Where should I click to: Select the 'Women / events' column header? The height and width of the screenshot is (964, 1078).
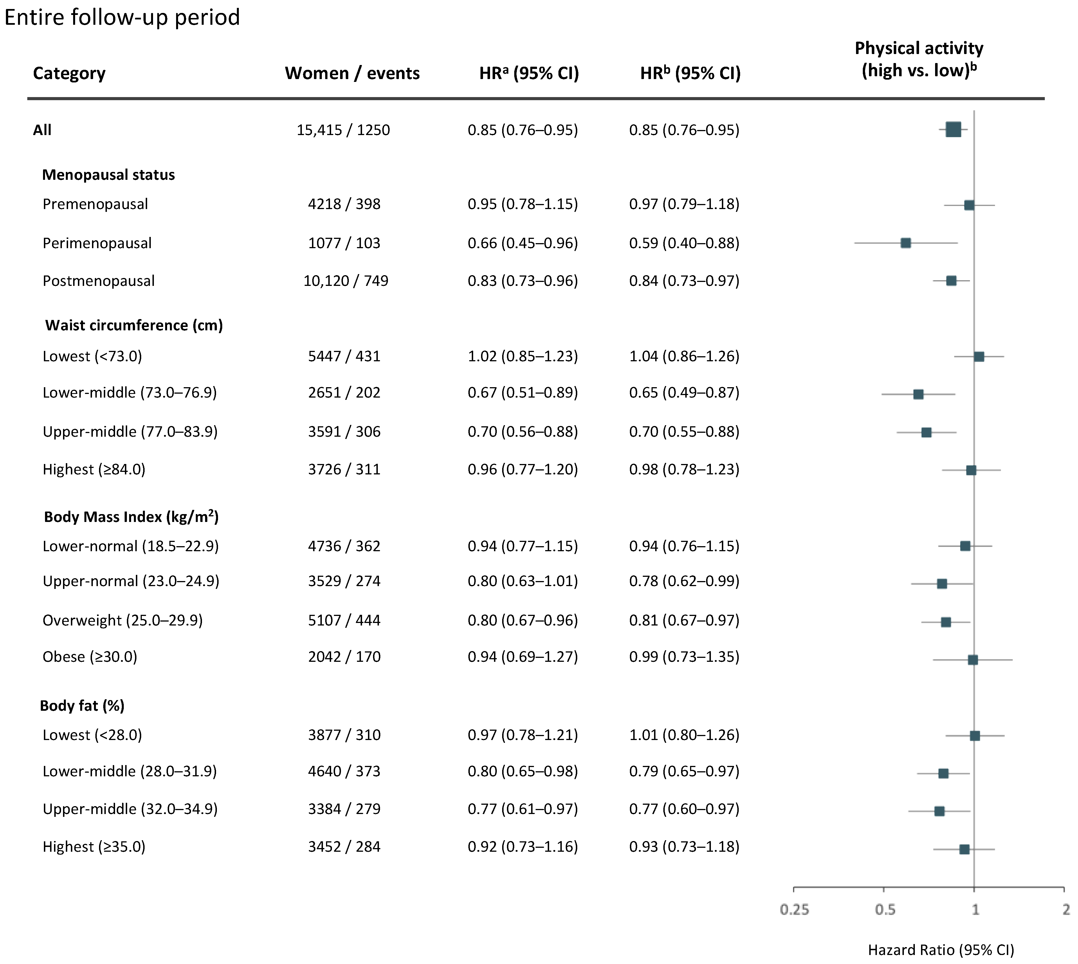point(352,73)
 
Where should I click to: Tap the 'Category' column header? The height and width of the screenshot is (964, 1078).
point(69,73)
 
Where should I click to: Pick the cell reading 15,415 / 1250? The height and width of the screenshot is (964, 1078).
point(343,130)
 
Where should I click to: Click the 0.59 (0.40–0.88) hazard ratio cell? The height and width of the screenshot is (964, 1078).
point(684,243)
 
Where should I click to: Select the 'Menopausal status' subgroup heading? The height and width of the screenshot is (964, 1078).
point(109,175)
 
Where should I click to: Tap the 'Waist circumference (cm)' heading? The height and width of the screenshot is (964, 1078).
point(134,325)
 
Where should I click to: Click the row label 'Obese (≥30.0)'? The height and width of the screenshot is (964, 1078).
point(90,657)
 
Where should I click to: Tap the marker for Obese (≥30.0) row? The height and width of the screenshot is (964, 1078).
point(973,660)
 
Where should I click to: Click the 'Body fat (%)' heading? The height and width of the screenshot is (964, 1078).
point(82,705)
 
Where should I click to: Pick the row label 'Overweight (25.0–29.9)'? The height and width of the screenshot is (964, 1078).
point(123,620)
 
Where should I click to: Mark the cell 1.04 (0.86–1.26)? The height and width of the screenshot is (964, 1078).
point(684,356)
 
